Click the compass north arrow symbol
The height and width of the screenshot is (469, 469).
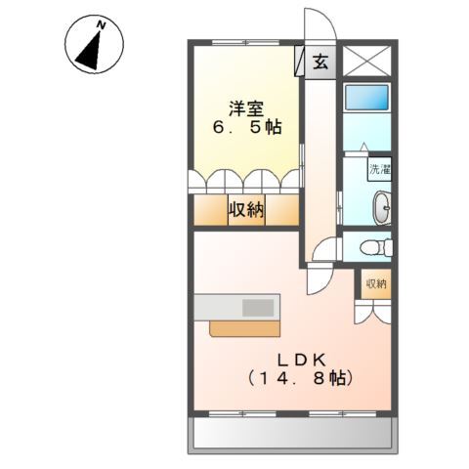tap(89, 48)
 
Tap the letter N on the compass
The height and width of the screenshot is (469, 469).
tap(101, 21)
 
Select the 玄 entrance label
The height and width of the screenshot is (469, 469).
tap(320, 62)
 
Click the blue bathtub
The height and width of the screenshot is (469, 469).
tap(366, 98)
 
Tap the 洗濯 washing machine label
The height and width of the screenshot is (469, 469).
tap(379, 168)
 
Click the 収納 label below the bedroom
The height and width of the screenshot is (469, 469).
tap(246, 209)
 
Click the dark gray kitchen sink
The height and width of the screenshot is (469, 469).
tap(258, 307)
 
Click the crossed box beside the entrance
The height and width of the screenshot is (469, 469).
tap(366, 61)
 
